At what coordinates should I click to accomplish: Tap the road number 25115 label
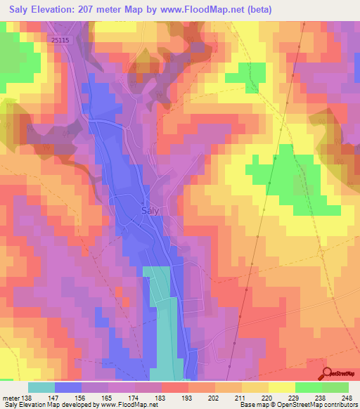[x=61, y=41]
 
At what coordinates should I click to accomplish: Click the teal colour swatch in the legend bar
[x=41, y=387]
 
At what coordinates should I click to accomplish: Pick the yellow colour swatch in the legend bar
[x=281, y=387]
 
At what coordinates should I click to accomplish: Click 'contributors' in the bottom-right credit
[x=340, y=405]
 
